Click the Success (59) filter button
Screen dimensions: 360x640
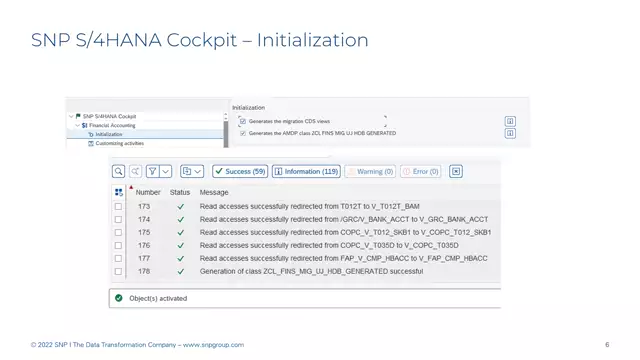[239, 171]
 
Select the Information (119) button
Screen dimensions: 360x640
[306, 171]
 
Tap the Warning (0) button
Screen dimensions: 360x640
[370, 171]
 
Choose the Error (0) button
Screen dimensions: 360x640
[420, 171]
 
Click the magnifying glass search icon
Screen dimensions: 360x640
[119, 171]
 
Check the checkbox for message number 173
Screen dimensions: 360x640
[119, 206]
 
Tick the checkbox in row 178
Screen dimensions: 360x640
[119, 271]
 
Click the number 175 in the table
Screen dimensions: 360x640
[144, 232]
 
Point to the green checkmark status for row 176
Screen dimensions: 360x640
[181, 245]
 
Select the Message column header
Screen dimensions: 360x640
[214, 192]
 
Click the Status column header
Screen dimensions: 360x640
[180, 192]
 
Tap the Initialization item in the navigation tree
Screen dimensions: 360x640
[109, 134]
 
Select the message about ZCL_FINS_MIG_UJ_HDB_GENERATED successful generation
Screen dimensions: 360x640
[310, 271]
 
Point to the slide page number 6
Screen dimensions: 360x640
[607, 345]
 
